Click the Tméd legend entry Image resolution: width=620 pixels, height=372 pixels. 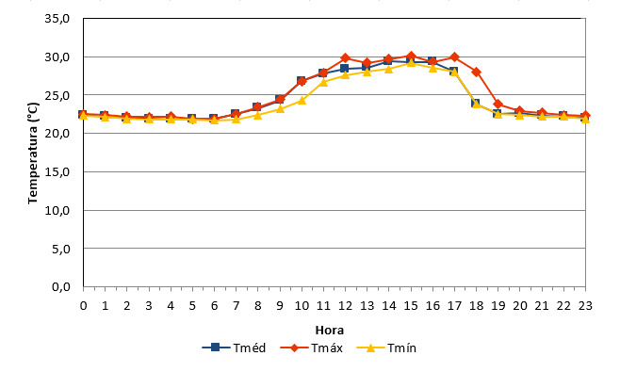tap(234, 348)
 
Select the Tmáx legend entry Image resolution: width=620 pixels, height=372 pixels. tap(312, 348)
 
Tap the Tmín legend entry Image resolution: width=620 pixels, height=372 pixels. tap(386, 348)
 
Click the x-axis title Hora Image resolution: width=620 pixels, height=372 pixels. tap(330, 331)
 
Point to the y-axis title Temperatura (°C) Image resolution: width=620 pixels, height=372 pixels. tap(33, 153)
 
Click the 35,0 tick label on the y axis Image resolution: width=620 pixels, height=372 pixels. tap(57, 19)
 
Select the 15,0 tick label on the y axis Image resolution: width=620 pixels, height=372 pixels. tap(57, 172)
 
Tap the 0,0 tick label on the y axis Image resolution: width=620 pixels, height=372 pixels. tap(60, 287)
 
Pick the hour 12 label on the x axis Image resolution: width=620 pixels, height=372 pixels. tap(345, 305)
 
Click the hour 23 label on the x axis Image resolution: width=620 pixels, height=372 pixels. tap(585, 305)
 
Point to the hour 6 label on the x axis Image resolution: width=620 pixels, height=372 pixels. tap(214, 305)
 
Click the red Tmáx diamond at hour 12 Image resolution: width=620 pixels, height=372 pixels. tap(345, 58)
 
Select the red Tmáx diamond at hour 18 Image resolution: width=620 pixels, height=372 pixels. tap(476, 72)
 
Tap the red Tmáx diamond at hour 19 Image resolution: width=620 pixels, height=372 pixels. tap(498, 105)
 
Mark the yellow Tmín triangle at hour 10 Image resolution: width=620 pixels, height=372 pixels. tap(302, 100)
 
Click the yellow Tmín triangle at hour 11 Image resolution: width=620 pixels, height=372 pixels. tap(323, 82)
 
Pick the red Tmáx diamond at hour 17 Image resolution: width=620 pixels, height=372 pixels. tap(454, 57)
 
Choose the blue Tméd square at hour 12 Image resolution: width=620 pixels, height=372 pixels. tap(345, 69)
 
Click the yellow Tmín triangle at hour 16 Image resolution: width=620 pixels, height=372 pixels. tap(432, 68)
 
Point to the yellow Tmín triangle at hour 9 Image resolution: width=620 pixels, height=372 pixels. tap(280, 108)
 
